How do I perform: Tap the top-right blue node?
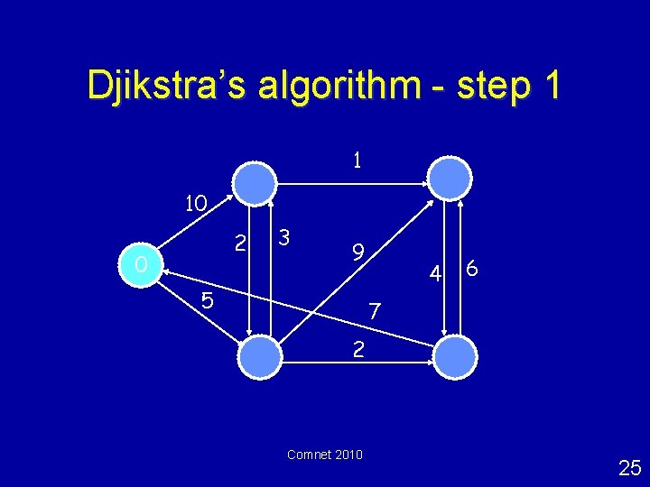point(449,178)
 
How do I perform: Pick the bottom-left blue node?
point(261,357)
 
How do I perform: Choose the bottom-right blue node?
point(455,356)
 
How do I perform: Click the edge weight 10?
point(196,204)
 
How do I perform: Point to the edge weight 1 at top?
point(357,161)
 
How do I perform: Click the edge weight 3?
point(283,239)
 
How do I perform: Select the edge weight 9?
point(357,253)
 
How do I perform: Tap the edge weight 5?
point(207,301)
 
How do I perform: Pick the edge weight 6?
point(472,270)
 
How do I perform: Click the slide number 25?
point(629,467)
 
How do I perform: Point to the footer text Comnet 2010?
point(325,455)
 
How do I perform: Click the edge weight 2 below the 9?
point(358,349)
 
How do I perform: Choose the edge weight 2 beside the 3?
point(239,243)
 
